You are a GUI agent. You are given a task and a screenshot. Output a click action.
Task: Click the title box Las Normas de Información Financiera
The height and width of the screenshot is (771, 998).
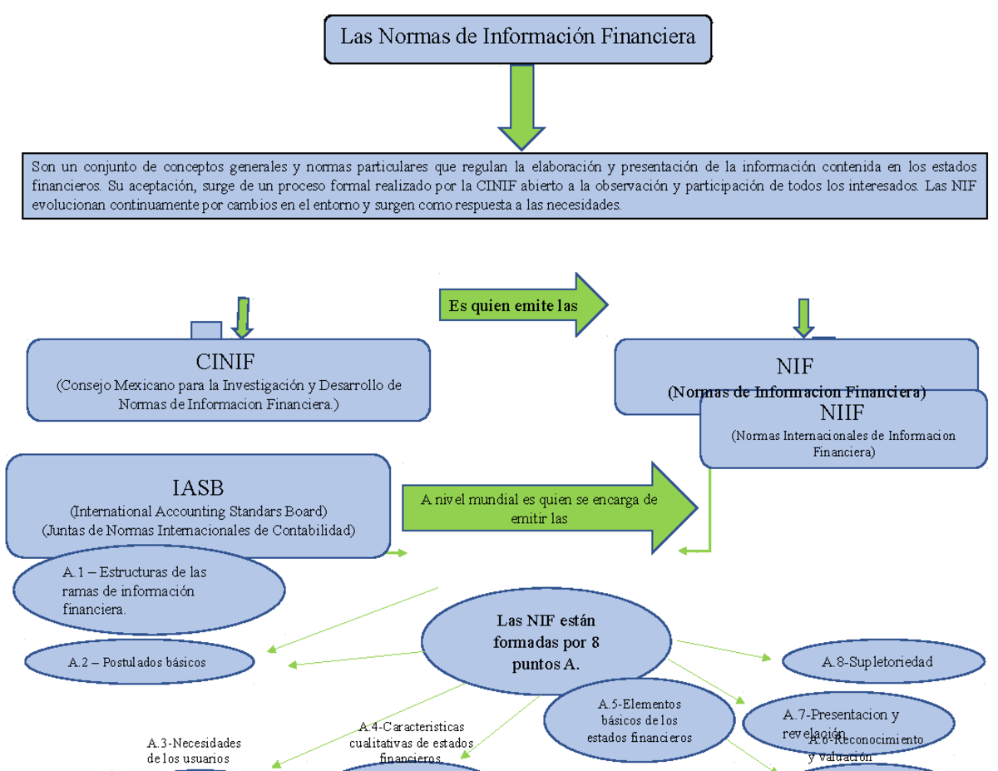[x=517, y=38]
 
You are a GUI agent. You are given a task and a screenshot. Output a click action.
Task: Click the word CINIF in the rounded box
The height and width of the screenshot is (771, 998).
[x=225, y=362]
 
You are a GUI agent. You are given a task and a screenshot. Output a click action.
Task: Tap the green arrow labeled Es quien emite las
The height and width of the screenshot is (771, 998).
[x=522, y=305]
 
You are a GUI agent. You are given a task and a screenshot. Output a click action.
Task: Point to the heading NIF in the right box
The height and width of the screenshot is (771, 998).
[x=795, y=366]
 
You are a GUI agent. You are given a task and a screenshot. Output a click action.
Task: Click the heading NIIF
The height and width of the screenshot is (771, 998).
[x=842, y=413]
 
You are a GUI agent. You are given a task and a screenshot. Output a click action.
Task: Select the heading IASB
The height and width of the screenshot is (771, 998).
[x=198, y=487]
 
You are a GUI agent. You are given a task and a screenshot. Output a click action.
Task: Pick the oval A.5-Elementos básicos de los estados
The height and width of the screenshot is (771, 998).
[x=639, y=719]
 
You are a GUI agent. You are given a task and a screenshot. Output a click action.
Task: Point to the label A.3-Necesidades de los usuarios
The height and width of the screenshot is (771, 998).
[x=194, y=750]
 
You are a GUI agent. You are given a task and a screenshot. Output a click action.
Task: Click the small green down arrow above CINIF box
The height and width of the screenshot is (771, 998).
[x=242, y=318]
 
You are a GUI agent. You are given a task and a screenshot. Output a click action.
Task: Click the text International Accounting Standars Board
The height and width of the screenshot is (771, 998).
[x=198, y=511]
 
